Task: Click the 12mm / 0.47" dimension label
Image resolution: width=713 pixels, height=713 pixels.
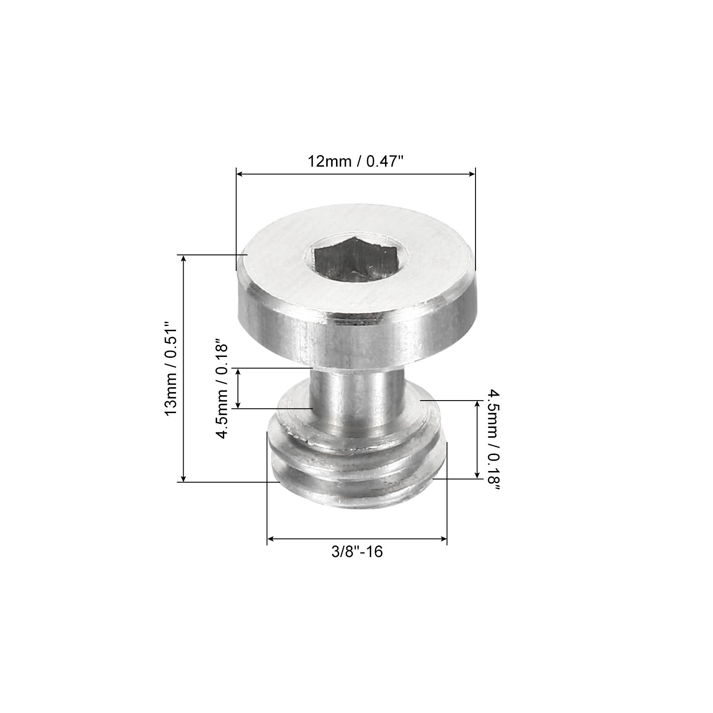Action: [356, 161]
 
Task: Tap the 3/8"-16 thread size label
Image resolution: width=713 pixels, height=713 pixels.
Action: [357, 552]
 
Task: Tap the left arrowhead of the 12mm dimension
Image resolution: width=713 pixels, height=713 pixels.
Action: [239, 174]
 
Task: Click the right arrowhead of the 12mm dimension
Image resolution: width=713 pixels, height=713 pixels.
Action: [472, 174]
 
